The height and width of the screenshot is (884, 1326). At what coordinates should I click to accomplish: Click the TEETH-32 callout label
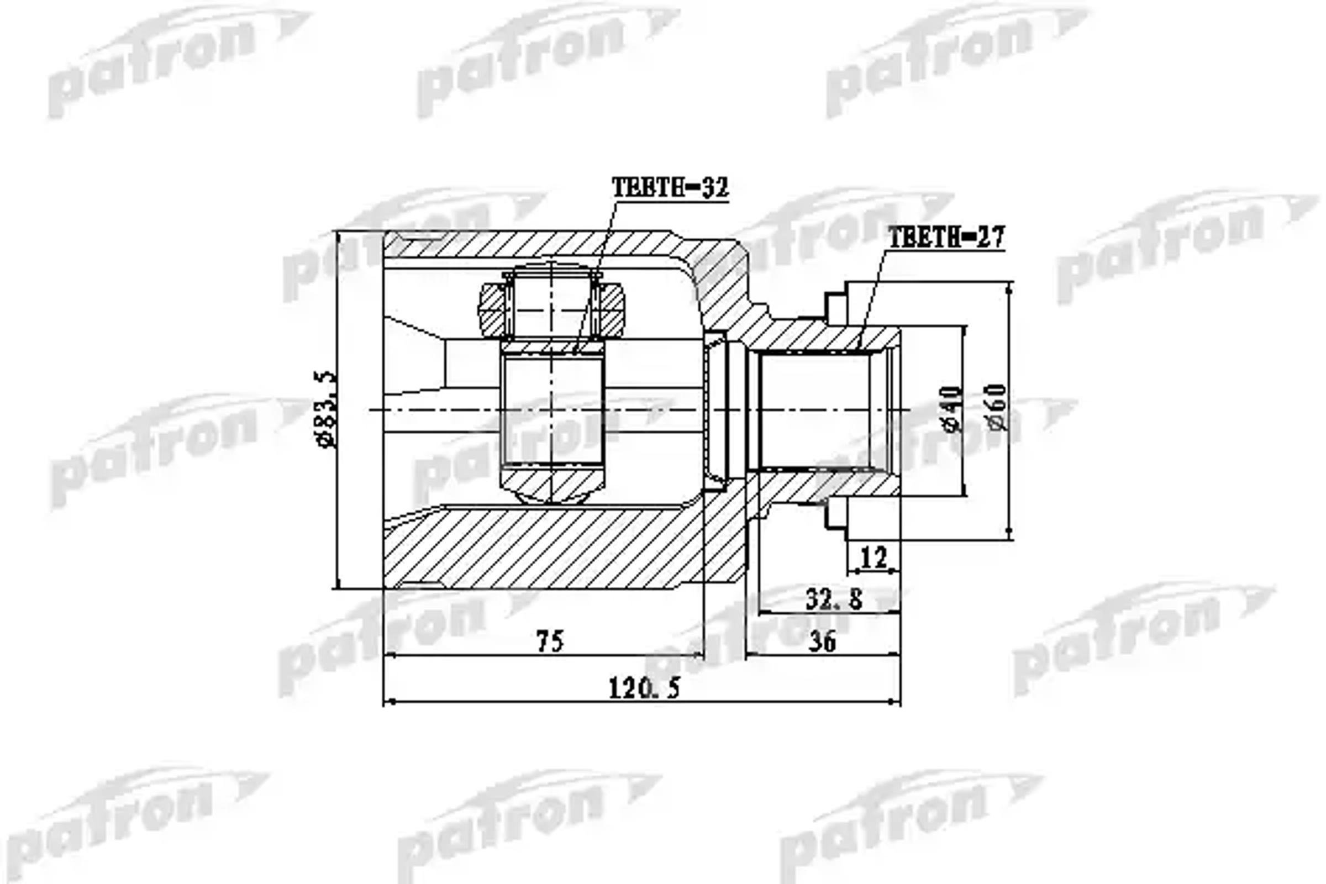[x=670, y=187]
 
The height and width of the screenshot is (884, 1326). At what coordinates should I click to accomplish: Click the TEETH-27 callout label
[x=946, y=238]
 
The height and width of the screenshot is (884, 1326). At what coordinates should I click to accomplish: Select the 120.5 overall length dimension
[x=644, y=688]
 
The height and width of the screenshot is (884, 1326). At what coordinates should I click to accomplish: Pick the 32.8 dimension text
[x=834, y=599]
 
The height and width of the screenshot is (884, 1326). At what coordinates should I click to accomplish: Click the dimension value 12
[x=874, y=558]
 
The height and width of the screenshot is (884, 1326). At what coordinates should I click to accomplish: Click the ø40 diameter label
[x=951, y=409]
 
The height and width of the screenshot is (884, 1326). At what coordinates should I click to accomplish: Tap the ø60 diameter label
[x=997, y=407]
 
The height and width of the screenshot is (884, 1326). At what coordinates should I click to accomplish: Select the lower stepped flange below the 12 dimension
[x=837, y=516]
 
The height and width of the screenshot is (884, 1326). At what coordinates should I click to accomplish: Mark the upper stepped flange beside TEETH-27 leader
[x=837, y=304]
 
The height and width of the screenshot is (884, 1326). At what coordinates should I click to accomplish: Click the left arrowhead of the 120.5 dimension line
[x=388, y=702]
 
